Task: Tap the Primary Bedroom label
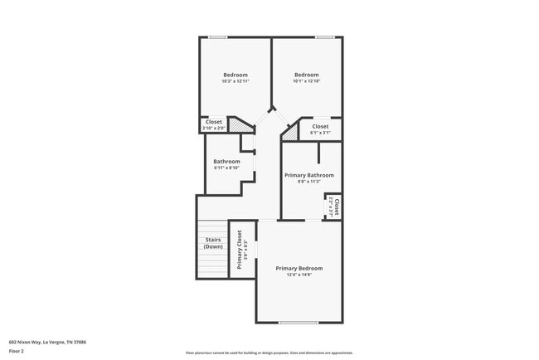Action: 299,269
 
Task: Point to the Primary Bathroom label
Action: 309,175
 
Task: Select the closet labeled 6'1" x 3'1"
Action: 320,129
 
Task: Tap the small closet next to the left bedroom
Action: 213,124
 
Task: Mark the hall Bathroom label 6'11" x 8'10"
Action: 226,164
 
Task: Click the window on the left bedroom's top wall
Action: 218,36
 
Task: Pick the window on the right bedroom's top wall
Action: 324,36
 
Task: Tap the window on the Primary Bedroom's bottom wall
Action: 299,323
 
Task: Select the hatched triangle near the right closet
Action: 290,131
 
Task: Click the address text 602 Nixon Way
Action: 48,342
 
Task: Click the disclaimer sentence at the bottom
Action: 269,353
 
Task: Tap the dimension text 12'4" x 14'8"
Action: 299,275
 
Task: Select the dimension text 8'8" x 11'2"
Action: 309,182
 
